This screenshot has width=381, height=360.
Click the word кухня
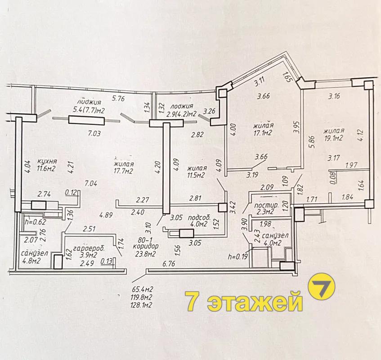[x=47, y=161]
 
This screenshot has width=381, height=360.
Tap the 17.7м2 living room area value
[x=123, y=171]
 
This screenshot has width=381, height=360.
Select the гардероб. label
[x=89, y=248]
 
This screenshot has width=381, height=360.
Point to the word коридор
[x=146, y=246]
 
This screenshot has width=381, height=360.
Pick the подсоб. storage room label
[x=199, y=217]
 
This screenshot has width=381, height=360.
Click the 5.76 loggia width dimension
[x=118, y=99]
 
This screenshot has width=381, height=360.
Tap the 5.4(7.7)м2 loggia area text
[x=89, y=110]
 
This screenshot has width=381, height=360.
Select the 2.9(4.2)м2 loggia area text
[x=181, y=114]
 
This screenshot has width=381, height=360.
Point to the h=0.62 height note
[x=35, y=222]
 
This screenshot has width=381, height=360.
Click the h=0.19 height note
[x=238, y=256]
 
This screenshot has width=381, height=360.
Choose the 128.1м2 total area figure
[x=141, y=305]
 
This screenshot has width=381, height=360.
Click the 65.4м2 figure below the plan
[x=143, y=289]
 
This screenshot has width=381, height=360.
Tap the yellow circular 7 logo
[x=321, y=286]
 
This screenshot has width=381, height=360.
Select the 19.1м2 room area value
[x=334, y=138]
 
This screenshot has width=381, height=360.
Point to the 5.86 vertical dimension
[x=312, y=142]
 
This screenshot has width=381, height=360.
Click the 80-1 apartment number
[x=145, y=240]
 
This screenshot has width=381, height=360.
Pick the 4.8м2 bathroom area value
[x=31, y=261]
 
